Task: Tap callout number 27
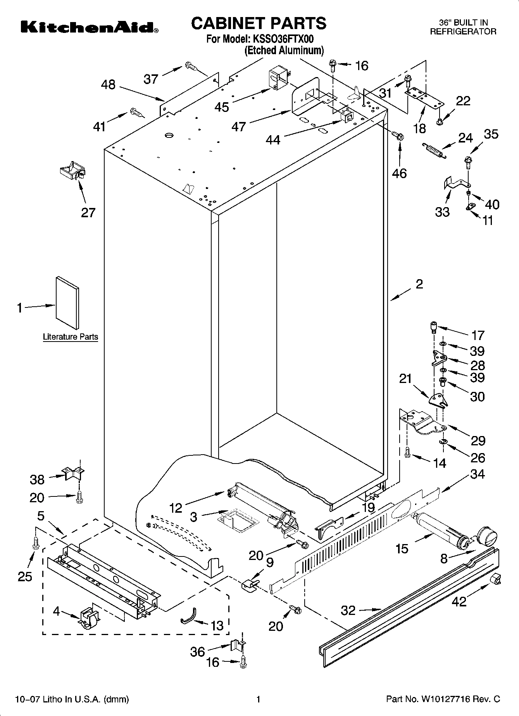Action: coord(88,213)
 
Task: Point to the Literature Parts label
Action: coord(70,337)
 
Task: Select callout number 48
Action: coord(108,84)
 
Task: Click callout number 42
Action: coord(459,601)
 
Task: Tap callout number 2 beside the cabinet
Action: coord(419,284)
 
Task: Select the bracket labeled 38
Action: coord(73,473)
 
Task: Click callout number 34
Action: coord(477,474)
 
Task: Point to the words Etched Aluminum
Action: coord(284,50)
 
